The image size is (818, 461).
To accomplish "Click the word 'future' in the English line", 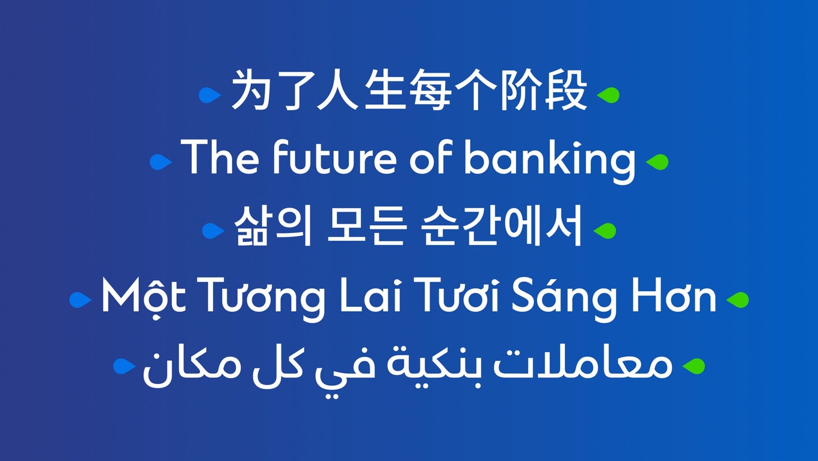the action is [x=335, y=157].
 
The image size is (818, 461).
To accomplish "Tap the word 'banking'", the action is [x=550, y=161].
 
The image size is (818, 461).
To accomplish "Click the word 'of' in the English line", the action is [x=429, y=157].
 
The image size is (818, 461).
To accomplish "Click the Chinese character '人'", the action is [x=337, y=90].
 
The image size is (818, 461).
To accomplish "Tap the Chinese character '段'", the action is [x=566, y=90].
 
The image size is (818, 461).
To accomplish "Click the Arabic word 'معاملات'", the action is [x=582, y=365].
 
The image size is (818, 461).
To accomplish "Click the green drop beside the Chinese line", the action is [x=609, y=95].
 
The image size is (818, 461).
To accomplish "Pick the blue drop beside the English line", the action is [x=161, y=162].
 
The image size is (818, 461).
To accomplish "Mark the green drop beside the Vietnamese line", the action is [x=737, y=300].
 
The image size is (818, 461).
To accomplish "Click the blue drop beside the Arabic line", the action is [x=124, y=367].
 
